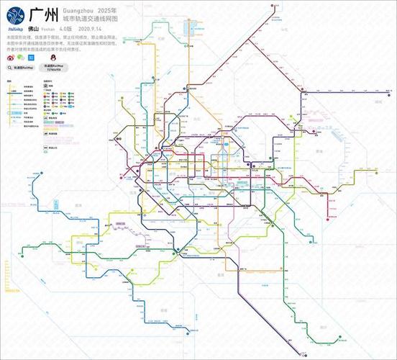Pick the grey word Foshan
[x=57, y=30]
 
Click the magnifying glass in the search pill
[x=11, y=66]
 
